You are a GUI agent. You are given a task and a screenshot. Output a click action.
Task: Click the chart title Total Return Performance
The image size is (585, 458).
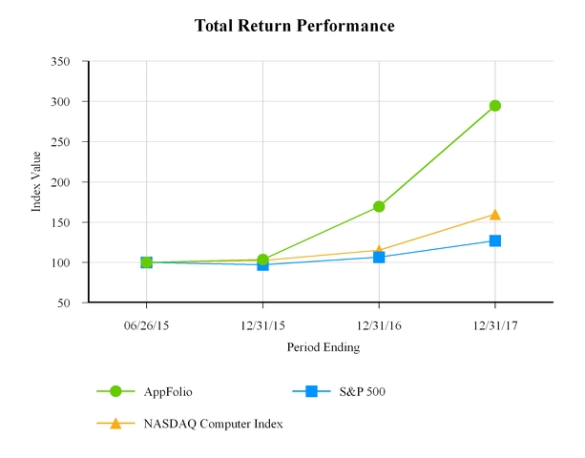294,26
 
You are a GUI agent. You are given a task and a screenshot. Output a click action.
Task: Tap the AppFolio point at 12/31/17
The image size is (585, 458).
495,106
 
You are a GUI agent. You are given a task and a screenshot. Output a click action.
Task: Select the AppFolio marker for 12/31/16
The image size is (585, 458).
379,206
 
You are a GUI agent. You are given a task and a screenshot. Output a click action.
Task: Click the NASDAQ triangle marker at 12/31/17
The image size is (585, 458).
495,215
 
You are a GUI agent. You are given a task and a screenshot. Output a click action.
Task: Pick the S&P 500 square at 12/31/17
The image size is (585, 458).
495,240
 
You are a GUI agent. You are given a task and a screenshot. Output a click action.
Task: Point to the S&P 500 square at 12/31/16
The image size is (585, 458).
379,257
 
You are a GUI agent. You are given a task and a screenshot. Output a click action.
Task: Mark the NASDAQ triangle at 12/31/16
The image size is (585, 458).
379,249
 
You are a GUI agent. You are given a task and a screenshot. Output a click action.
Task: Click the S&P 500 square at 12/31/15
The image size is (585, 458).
262,264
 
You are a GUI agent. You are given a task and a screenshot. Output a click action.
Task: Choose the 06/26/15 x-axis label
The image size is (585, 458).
146,324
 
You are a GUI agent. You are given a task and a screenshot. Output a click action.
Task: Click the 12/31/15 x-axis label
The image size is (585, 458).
262,324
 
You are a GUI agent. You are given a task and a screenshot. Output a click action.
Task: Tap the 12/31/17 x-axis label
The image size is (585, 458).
495,324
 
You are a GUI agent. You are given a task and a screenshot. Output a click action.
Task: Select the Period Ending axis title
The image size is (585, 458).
324,348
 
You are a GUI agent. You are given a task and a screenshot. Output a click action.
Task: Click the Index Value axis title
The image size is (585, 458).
37,181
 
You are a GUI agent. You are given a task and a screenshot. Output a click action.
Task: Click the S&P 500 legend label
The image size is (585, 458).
362,391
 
